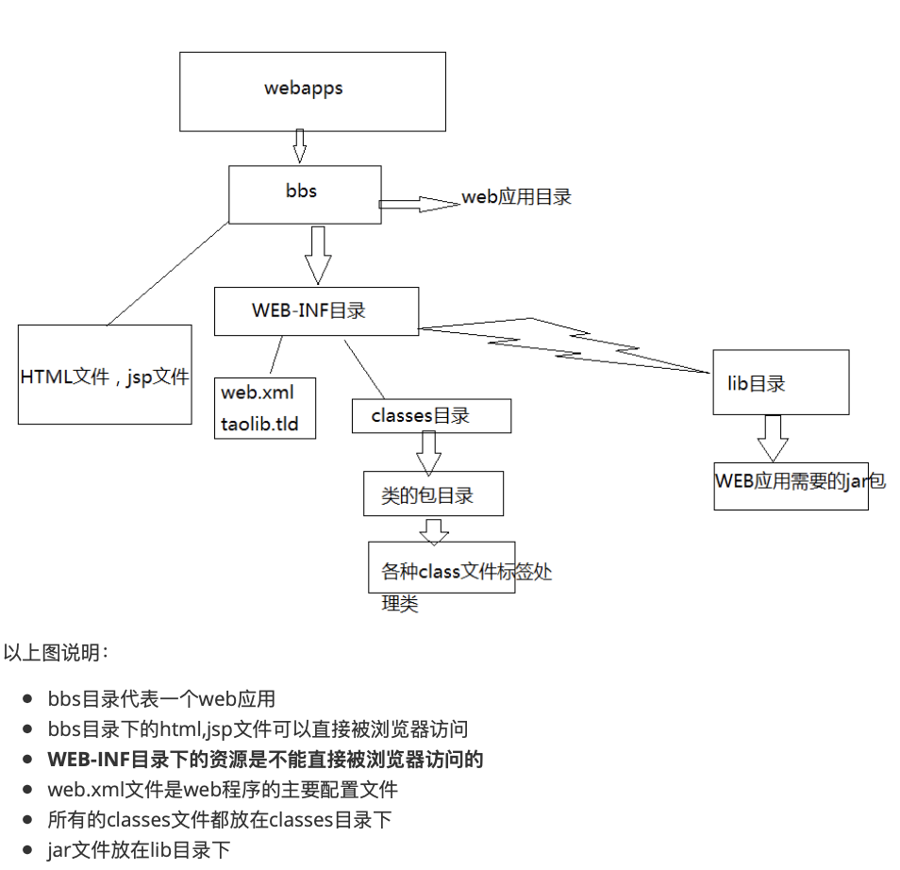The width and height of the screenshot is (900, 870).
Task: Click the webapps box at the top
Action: pos(312,91)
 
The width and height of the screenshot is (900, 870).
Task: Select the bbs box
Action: pos(305,194)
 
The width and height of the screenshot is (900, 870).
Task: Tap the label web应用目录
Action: pos(516,197)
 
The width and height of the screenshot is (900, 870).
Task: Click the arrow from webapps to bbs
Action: pos(300,147)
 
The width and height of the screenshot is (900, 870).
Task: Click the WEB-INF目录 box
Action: pos(316,311)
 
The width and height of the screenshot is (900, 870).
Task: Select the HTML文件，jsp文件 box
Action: pos(105,375)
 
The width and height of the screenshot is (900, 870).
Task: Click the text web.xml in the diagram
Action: pos(258,391)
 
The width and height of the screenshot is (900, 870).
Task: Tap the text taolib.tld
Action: pos(259,424)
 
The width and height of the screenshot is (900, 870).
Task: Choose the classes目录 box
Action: pos(431,416)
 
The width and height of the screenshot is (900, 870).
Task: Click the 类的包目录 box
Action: pos(433,494)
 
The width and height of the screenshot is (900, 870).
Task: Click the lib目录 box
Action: pos(780,382)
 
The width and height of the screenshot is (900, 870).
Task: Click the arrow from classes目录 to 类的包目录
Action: pos(429,453)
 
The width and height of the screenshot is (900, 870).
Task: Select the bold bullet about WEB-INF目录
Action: pos(265,759)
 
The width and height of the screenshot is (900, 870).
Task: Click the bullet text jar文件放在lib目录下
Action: pos(139,849)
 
